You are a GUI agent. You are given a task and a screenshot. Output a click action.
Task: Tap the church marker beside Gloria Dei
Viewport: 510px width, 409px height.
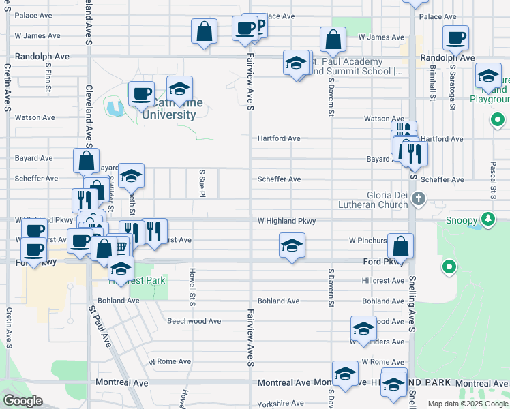click(x=419, y=198)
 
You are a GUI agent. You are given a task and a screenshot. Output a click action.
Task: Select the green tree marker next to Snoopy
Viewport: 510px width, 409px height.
click(x=487, y=219)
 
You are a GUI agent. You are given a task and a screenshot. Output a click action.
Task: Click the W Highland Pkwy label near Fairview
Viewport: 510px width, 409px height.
click(x=286, y=221)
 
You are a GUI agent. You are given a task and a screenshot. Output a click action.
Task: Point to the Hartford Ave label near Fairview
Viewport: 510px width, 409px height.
click(x=279, y=138)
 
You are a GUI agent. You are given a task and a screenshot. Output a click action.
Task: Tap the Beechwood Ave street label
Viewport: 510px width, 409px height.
click(x=194, y=321)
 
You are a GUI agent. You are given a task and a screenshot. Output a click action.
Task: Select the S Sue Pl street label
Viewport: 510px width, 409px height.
click(x=202, y=181)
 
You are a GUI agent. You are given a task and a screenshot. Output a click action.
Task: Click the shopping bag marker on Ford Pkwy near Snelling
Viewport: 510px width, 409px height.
click(x=403, y=247)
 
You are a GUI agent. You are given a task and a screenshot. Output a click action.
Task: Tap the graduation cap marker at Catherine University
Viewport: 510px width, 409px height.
click(x=179, y=89)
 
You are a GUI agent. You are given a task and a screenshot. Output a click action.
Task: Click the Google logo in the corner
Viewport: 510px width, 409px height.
click(x=23, y=401)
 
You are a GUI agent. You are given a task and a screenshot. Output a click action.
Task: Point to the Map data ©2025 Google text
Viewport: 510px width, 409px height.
click(x=466, y=404)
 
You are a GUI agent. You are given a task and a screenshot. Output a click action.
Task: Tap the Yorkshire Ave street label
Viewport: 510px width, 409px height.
click(x=281, y=403)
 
